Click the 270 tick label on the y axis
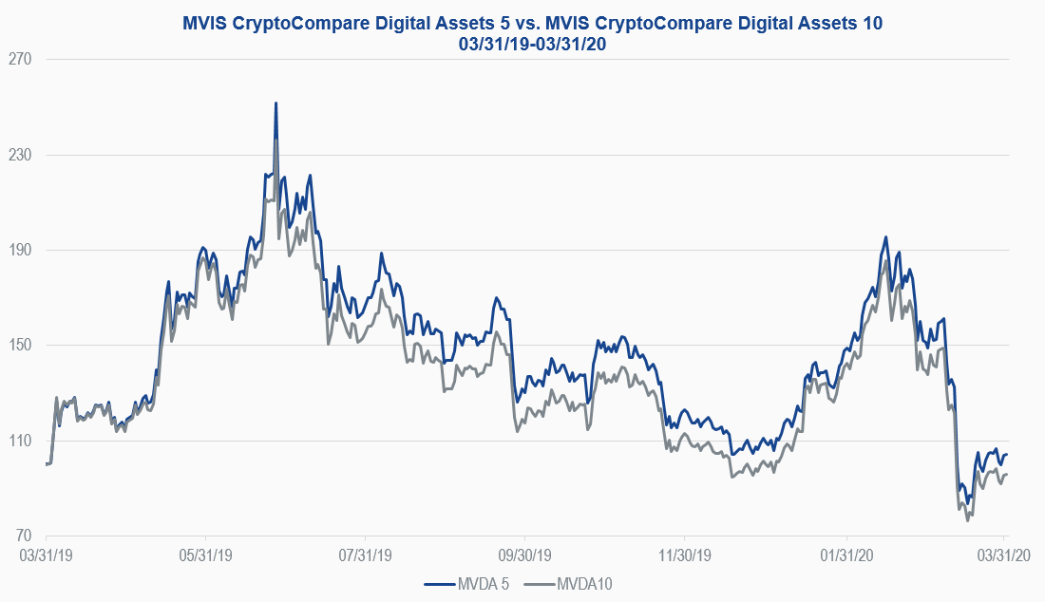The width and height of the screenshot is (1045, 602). pos(20,60)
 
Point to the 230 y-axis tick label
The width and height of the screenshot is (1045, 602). pos(20,155)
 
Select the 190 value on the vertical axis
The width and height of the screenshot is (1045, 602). pos(20,251)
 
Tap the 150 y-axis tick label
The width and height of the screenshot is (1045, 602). pos(20,346)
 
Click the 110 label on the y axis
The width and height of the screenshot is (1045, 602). pos(20,442)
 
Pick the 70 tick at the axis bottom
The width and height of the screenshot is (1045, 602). pos(24,536)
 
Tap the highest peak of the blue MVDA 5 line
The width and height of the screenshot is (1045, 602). pos(275,103)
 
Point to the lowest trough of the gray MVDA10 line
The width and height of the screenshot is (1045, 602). pos(967,520)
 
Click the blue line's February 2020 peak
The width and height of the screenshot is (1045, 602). pos(885,237)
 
